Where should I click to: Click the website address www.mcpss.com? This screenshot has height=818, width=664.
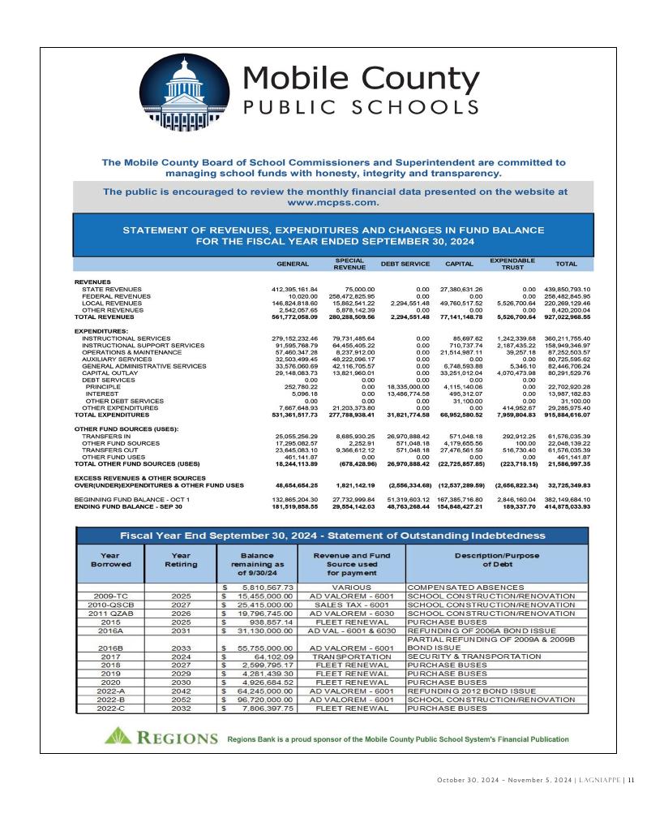332,202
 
